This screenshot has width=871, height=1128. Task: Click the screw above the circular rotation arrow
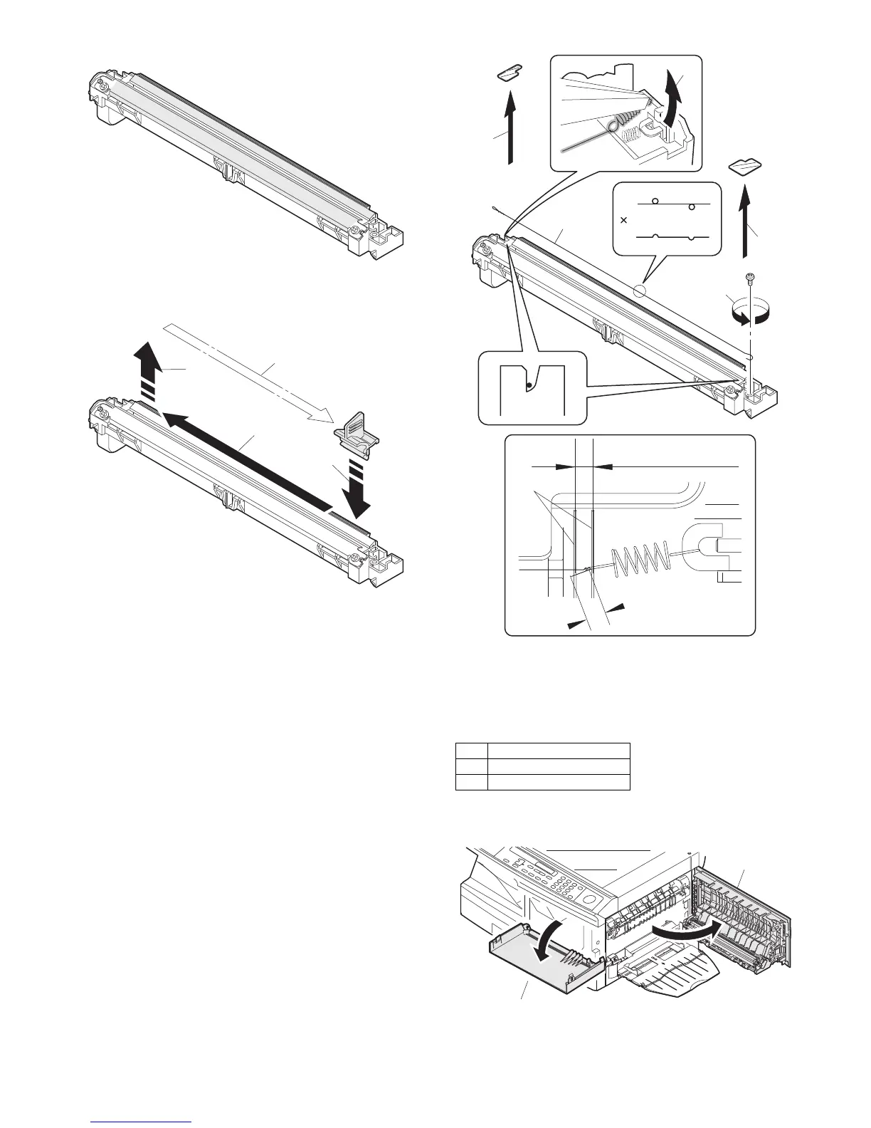[750, 277]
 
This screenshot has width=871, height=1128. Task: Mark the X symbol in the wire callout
[624, 221]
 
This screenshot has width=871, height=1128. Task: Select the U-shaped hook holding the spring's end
[700, 548]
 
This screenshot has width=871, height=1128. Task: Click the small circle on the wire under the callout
[639, 291]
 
